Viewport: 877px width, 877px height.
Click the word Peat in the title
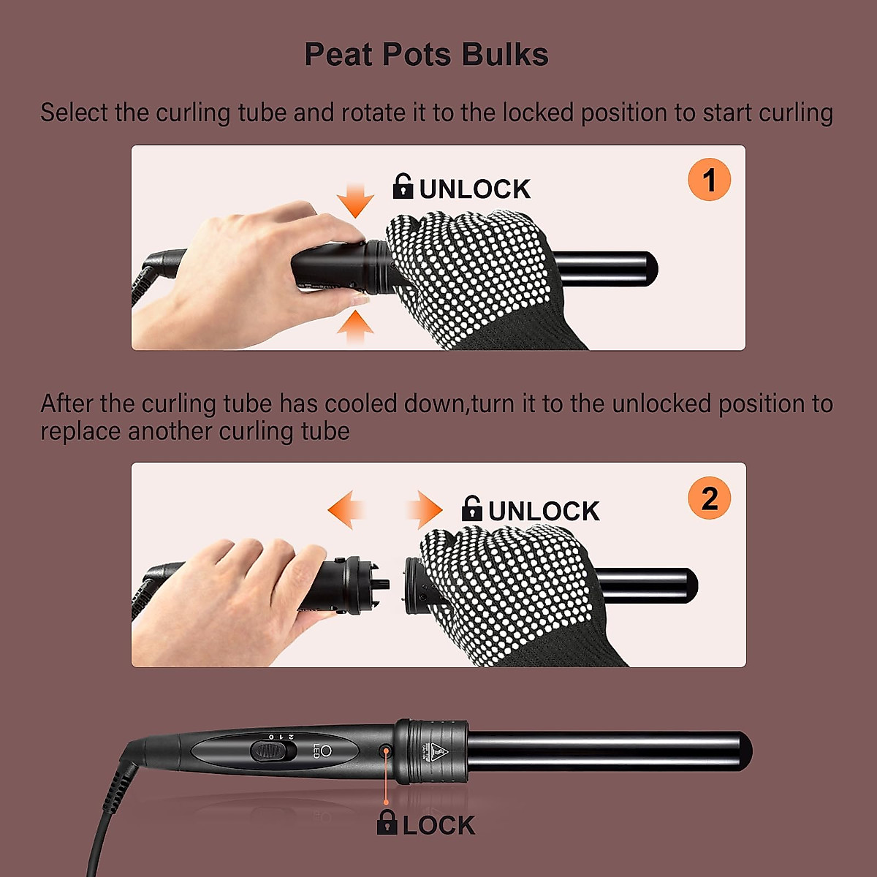coord(338,55)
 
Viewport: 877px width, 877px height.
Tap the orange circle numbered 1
coord(709,180)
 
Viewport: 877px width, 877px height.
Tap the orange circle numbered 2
coord(709,498)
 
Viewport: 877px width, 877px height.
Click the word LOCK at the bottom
coord(438,825)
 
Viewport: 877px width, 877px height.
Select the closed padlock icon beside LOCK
coord(387,823)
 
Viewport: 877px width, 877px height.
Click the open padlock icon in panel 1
coord(403,186)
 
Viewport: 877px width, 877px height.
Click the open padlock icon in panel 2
coord(472,509)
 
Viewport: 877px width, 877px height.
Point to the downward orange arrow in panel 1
coord(356,200)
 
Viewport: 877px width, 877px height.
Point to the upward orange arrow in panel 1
coord(355,326)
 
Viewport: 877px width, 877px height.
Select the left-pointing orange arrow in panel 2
coord(346,509)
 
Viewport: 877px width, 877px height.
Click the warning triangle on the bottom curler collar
coord(436,748)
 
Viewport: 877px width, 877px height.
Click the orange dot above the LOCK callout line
coord(386,751)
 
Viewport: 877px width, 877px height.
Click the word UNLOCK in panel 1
coord(475,189)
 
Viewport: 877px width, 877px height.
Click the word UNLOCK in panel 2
coord(544,512)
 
